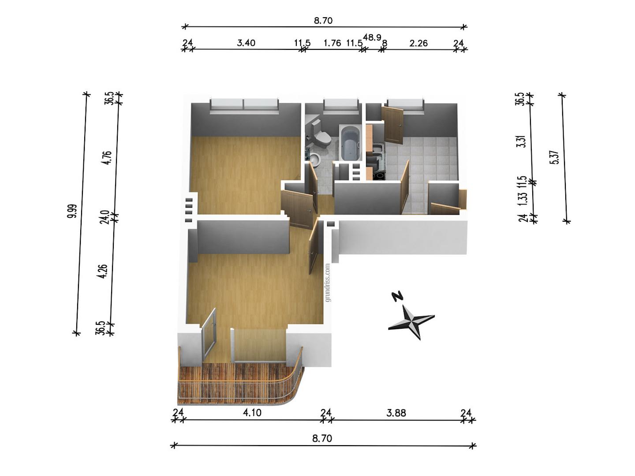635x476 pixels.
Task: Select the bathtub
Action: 350,143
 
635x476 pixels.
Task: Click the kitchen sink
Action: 378,150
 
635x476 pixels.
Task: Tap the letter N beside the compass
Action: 398,296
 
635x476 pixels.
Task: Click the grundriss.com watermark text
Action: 328,283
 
